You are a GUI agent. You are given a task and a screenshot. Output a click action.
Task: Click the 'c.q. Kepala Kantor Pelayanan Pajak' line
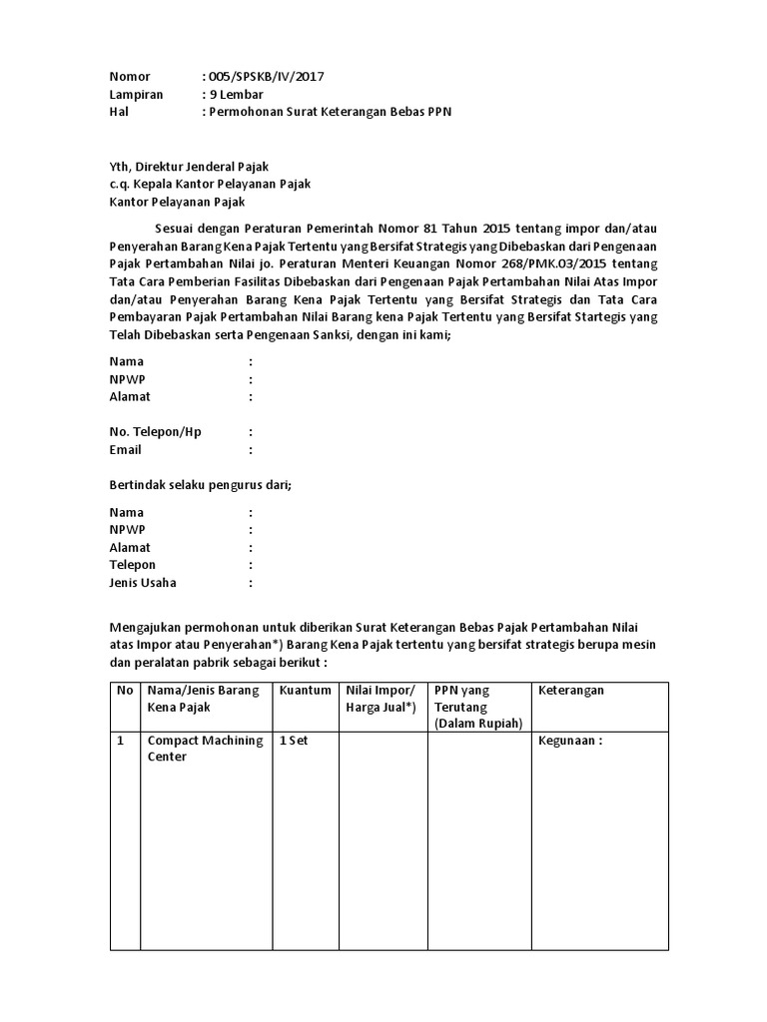click(210, 185)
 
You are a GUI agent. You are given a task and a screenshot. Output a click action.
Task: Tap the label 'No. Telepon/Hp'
click(155, 432)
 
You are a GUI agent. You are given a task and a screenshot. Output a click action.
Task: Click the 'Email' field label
click(126, 450)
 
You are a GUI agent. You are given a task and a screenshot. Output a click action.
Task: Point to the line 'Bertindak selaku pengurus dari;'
click(200, 486)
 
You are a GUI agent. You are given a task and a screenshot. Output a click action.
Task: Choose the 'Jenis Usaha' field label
click(143, 583)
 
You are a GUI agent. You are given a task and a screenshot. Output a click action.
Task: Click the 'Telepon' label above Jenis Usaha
click(133, 565)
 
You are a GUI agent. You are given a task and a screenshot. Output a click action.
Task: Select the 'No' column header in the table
click(125, 691)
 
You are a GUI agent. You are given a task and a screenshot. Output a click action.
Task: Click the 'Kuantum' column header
click(305, 691)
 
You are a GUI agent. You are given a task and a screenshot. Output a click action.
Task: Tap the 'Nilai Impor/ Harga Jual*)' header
click(380, 699)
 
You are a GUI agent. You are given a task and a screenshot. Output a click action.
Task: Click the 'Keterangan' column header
click(571, 691)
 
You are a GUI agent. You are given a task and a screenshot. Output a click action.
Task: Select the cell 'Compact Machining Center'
click(205, 749)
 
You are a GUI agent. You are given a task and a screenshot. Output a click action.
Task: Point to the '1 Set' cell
click(296, 741)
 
